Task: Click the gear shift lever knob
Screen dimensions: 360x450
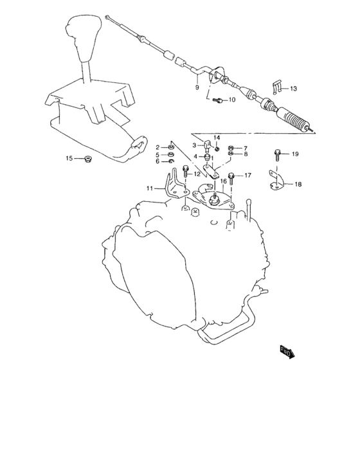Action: (x=83, y=37)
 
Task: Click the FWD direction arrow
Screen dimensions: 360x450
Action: (x=287, y=352)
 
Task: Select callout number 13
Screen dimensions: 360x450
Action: (x=293, y=89)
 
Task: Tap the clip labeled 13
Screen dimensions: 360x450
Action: (x=276, y=86)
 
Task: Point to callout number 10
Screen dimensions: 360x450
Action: (x=232, y=100)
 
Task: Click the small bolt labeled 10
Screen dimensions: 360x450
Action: (x=218, y=100)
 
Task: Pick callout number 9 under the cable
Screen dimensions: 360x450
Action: (x=197, y=87)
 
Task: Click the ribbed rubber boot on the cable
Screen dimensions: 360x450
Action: (x=293, y=121)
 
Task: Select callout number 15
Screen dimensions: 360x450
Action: (x=69, y=158)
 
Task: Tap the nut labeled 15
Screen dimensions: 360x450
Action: (x=86, y=158)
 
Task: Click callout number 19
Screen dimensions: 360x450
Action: (x=295, y=154)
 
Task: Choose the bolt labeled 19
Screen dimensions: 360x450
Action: (x=277, y=155)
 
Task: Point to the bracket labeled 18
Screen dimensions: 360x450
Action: (x=276, y=181)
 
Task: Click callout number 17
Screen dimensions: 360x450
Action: (x=248, y=175)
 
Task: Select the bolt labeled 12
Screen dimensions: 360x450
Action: (x=185, y=172)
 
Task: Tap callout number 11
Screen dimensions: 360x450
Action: (x=150, y=188)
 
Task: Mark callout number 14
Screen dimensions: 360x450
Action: (x=217, y=138)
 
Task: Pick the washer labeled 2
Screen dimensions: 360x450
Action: (x=171, y=147)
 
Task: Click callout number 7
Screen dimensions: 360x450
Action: (x=246, y=148)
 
